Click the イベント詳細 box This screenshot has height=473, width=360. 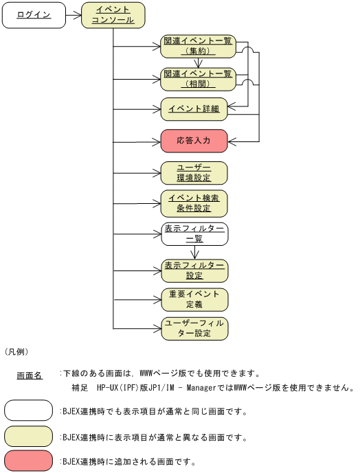194,108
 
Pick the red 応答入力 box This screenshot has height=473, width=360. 194,141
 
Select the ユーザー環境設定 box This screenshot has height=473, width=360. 194,172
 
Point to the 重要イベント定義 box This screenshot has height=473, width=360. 194,299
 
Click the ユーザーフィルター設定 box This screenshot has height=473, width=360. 194,329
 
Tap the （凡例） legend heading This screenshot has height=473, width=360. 16,351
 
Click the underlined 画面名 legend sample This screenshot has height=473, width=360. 30,376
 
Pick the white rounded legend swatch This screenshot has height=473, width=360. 29,411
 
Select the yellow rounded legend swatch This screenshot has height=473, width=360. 29,436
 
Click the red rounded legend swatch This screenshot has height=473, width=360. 29,461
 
